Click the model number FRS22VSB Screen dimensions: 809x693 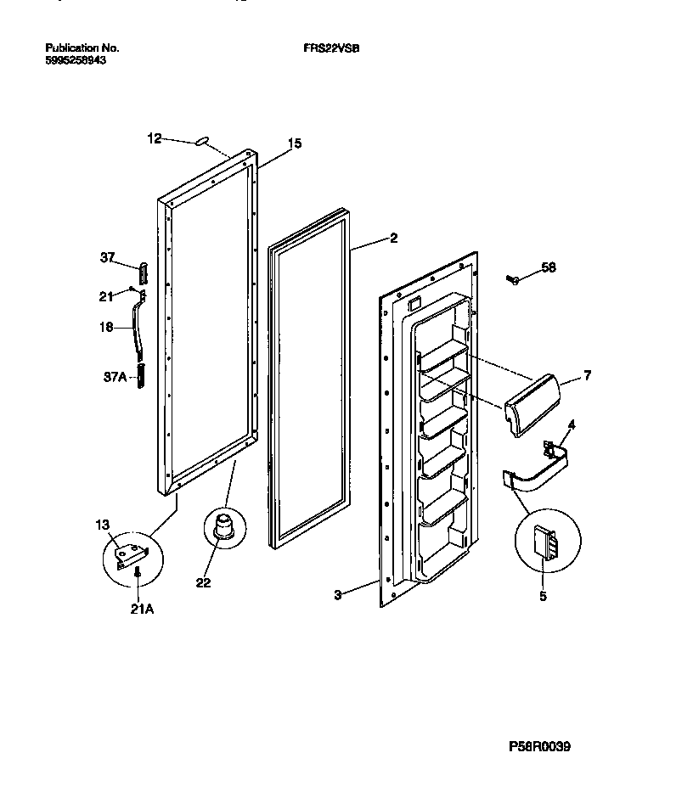(x=332, y=48)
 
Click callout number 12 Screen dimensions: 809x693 (x=154, y=138)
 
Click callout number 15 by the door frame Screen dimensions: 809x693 (x=294, y=143)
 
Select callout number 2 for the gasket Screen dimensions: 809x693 (x=392, y=239)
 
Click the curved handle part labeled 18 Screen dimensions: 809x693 (x=137, y=327)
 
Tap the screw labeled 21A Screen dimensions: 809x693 (x=137, y=576)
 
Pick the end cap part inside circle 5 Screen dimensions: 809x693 (x=544, y=543)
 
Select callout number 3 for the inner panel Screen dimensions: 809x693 (x=337, y=595)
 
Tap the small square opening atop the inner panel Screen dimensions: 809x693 (x=414, y=301)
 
